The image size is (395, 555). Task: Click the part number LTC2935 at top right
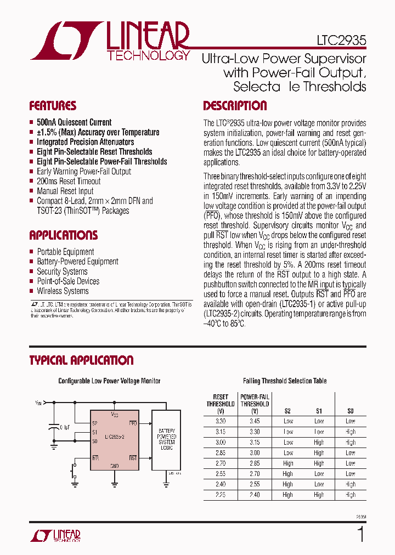point(341,41)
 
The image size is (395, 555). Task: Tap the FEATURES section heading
point(53,106)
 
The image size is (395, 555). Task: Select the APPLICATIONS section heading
point(64,235)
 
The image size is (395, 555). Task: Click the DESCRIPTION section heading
point(235,106)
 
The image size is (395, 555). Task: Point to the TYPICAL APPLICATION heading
point(81,360)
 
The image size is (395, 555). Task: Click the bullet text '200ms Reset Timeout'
point(69,181)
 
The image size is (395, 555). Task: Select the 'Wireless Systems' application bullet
point(63,291)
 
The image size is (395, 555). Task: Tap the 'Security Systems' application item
point(62,271)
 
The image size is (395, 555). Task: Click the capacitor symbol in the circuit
point(54,426)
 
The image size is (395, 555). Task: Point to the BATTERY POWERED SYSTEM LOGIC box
point(167,439)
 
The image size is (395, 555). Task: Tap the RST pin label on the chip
point(133,457)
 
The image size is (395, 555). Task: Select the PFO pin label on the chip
point(133,423)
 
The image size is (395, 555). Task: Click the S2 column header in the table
point(287,410)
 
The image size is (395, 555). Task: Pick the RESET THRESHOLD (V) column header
point(221,404)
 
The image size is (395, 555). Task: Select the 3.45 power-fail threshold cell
point(255,421)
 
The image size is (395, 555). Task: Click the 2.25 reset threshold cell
point(221,495)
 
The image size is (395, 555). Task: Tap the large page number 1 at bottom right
point(360,534)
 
